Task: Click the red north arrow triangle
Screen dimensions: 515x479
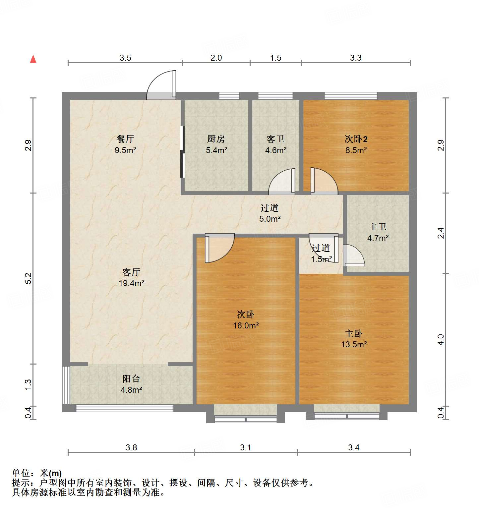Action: [33, 59]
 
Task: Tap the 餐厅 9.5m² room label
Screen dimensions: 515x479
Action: [125, 144]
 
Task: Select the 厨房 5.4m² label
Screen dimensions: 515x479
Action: [216, 144]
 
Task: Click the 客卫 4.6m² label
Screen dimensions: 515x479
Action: [275, 144]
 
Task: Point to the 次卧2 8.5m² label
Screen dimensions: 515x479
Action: [356, 144]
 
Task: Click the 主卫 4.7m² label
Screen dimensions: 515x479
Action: [378, 232]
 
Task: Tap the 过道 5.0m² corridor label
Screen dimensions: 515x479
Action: [269, 213]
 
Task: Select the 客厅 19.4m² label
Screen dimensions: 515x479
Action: [131, 277]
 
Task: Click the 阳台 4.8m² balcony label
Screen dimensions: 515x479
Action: [131, 384]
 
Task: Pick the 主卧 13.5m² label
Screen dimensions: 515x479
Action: [354, 339]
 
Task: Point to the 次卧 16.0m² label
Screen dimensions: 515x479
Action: [246, 320]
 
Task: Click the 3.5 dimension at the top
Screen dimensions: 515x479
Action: [125, 58]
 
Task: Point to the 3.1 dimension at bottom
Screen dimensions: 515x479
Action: [245, 447]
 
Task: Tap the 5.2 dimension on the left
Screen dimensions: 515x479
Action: [28, 278]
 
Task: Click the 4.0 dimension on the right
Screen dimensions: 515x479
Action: [441, 339]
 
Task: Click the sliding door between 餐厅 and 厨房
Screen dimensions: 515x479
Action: [182, 152]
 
